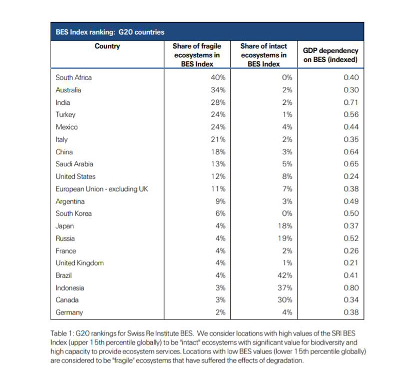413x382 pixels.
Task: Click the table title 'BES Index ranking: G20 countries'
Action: pos(110,32)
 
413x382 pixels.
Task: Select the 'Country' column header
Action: pos(107,46)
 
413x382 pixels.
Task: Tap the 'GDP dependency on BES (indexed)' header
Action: pos(330,55)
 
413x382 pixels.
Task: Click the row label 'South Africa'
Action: pos(73,77)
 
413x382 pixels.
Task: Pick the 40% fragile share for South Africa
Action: pos(218,77)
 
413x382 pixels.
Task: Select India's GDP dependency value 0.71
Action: pos(351,102)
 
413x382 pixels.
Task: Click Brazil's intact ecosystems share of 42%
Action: pos(285,275)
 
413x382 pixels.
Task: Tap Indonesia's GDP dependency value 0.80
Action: pos(351,288)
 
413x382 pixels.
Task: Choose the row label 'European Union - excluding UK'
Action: pos(102,189)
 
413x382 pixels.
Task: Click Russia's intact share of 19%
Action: pos(285,238)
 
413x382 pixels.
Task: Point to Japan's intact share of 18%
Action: pos(285,226)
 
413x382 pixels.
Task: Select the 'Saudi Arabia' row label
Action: pos(74,164)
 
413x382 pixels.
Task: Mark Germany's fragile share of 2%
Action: pos(220,312)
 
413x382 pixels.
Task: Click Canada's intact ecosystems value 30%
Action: pos(285,300)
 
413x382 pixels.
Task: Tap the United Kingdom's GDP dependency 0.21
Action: pos(351,263)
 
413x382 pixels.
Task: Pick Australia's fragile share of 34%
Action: pos(218,90)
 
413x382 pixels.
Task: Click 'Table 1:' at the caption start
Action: pos(62,333)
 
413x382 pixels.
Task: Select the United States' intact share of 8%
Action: pos(287,176)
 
